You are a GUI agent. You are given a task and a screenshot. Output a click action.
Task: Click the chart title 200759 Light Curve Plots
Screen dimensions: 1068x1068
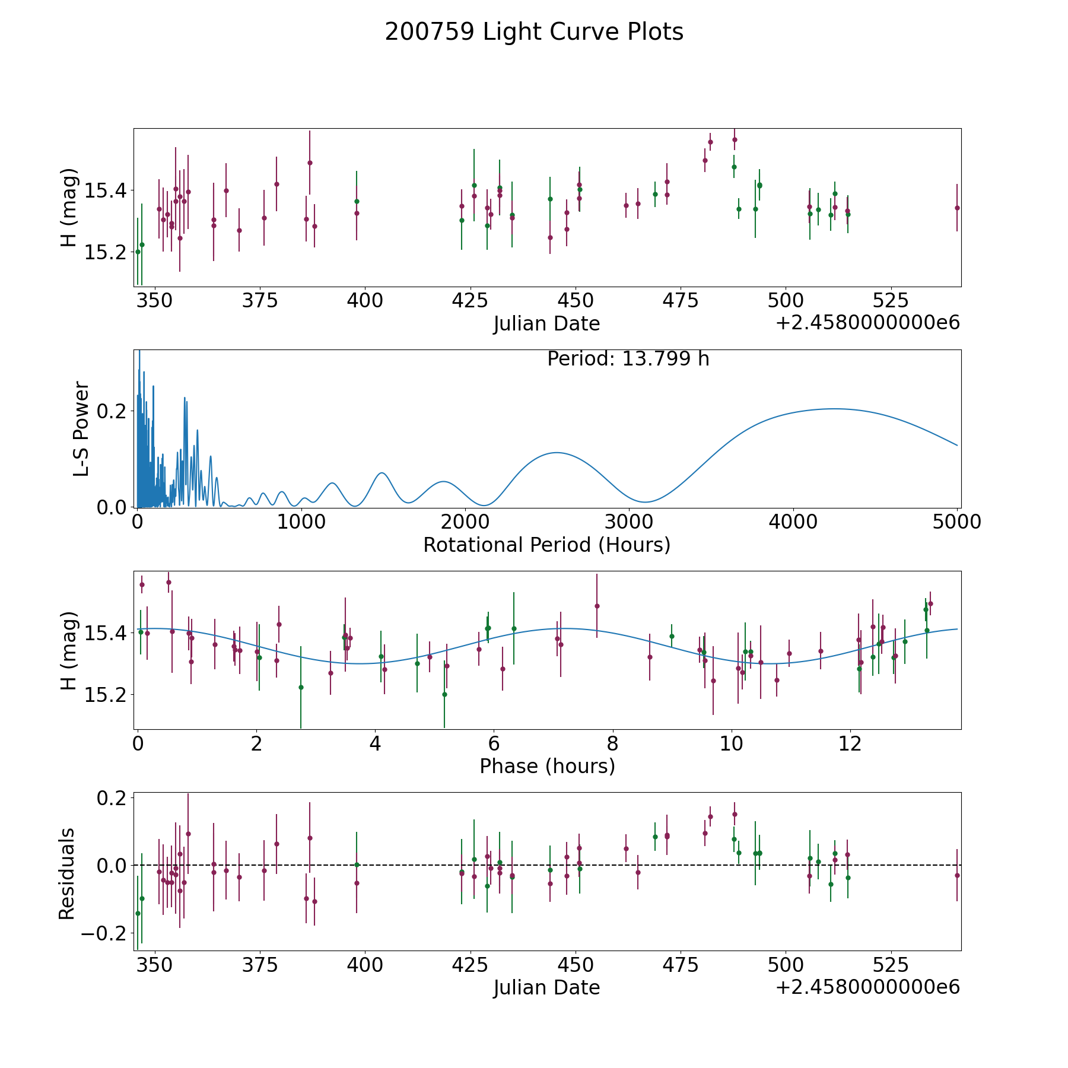tap(534, 32)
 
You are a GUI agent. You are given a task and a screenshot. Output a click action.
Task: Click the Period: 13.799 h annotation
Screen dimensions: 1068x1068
tap(628, 359)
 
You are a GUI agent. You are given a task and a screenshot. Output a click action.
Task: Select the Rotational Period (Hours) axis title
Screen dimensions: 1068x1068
tap(546, 545)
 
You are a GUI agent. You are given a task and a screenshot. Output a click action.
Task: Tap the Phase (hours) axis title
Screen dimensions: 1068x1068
tap(547, 766)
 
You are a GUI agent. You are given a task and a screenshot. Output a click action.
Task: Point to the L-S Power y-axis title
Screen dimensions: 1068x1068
tap(81, 428)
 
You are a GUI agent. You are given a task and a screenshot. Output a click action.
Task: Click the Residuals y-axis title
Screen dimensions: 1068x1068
tap(67, 873)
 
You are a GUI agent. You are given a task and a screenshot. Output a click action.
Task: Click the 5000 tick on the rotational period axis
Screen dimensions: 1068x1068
tap(957, 522)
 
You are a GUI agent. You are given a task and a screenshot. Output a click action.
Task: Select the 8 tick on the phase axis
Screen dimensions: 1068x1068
tap(612, 744)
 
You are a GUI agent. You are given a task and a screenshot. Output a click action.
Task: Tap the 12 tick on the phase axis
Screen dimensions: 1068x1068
tap(850, 744)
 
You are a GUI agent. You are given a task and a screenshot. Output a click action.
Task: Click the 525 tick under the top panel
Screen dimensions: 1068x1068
tap(890, 301)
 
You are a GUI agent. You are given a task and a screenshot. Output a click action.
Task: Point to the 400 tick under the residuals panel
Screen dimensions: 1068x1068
tap(365, 965)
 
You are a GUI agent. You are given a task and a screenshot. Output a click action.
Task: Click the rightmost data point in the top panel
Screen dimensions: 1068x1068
tap(957, 208)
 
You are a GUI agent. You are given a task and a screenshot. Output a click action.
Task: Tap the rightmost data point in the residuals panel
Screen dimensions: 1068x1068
tap(957, 875)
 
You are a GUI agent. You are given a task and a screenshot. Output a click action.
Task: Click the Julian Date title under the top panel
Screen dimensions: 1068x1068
tap(546, 324)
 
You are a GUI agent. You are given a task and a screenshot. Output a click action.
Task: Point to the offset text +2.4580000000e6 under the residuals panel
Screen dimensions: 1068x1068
tap(867, 987)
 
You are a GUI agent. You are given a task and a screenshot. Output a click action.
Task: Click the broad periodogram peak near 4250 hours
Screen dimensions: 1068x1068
tap(834, 409)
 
